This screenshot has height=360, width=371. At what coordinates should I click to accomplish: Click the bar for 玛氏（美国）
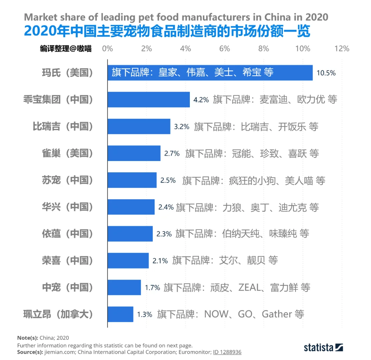pyautogui.click(x=210, y=73)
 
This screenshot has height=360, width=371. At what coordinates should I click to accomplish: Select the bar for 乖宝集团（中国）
pyautogui.click(x=148, y=99)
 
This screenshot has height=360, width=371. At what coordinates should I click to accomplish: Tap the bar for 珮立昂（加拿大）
pyautogui.click(x=120, y=314)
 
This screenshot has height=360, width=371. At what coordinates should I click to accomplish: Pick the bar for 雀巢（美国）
pyautogui.click(x=134, y=153)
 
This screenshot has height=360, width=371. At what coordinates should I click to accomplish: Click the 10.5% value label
pyautogui.click(x=326, y=73)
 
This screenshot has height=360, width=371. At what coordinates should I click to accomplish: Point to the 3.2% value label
pyautogui.click(x=182, y=127)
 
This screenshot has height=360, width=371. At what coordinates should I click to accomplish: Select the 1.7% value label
pyautogui.click(x=152, y=287)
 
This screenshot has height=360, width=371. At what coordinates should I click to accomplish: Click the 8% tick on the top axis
pyautogui.click(x=264, y=49)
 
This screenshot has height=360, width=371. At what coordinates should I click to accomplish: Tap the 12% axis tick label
pyautogui.click(x=342, y=49)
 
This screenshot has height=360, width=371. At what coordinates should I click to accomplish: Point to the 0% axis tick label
pyautogui.click(x=107, y=49)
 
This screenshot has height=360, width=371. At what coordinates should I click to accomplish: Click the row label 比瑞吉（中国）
pyautogui.click(x=63, y=127)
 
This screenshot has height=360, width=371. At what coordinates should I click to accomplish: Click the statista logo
pyautogui.click(x=323, y=347)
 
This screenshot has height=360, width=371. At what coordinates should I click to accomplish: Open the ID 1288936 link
pyautogui.click(x=227, y=352)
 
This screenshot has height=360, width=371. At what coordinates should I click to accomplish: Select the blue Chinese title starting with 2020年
pyautogui.click(x=167, y=32)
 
